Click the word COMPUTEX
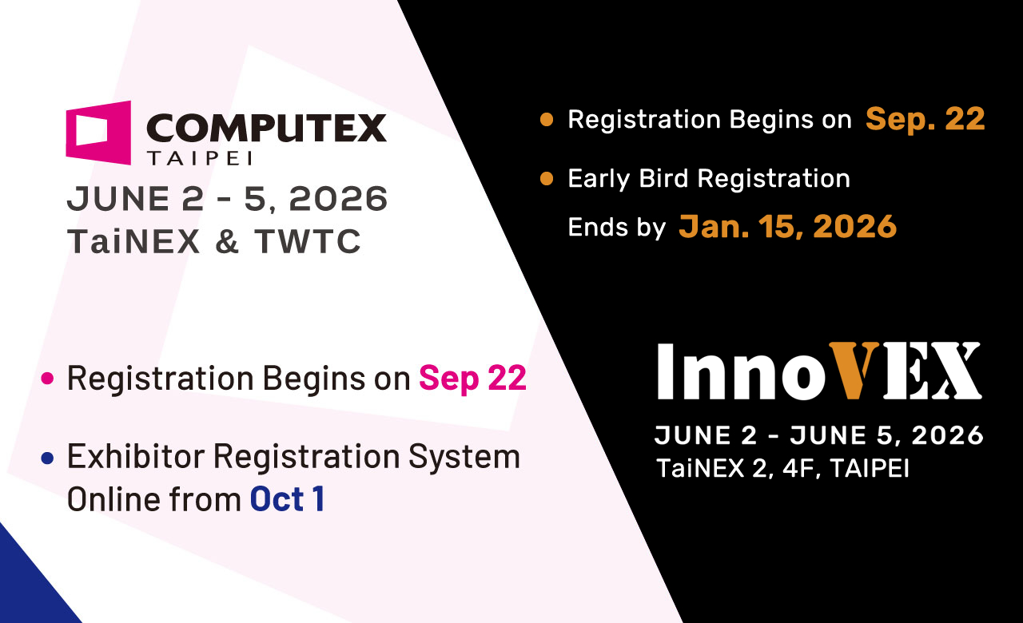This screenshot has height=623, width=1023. [x=266, y=129]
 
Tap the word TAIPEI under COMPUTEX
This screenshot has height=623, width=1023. [x=200, y=158]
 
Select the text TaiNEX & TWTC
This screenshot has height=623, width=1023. [x=214, y=241]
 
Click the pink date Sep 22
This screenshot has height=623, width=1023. [x=472, y=379]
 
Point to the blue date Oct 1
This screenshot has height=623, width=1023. [x=288, y=499]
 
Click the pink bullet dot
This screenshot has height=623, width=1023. [x=47, y=379]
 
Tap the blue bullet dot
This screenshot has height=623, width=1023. [x=47, y=458]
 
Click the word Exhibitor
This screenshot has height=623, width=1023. [x=136, y=456]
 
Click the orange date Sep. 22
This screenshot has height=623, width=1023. [x=925, y=120]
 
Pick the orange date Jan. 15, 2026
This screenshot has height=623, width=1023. [x=787, y=226]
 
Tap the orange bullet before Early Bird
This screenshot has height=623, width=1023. [x=547, y=178]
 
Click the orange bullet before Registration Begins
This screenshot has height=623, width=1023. [x=547, y=120]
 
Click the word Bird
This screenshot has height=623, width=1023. [x=663, y=178]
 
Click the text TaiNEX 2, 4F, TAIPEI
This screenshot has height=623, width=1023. [x=782, y=468]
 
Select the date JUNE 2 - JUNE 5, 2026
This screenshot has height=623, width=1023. [x=819, y=435]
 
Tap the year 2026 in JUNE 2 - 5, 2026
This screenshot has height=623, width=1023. [x=338, y=199]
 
